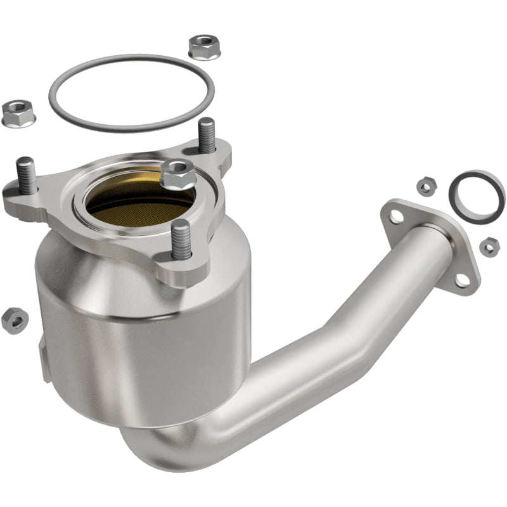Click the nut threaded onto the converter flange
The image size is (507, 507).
(x=177, y=174)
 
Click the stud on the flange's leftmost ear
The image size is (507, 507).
(x=26, y=174)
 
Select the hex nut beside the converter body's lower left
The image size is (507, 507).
(x=14, y=320)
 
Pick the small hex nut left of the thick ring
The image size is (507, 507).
(x=425, y=185)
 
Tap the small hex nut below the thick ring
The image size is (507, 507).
(x=488, y=247)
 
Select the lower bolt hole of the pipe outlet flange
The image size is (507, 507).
(x=463, y=279)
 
